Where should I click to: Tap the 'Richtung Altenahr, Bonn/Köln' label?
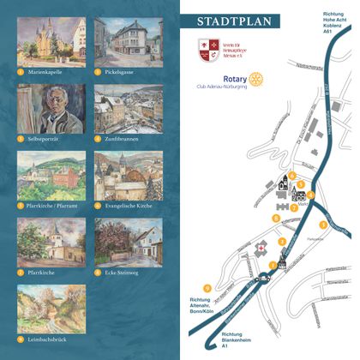pyautogui.click(x=211, y=303)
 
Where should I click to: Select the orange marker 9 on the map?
pyautogui.click(x=207, y=287)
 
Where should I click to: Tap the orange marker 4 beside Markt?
pyautogui.click(x=312, y=194)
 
